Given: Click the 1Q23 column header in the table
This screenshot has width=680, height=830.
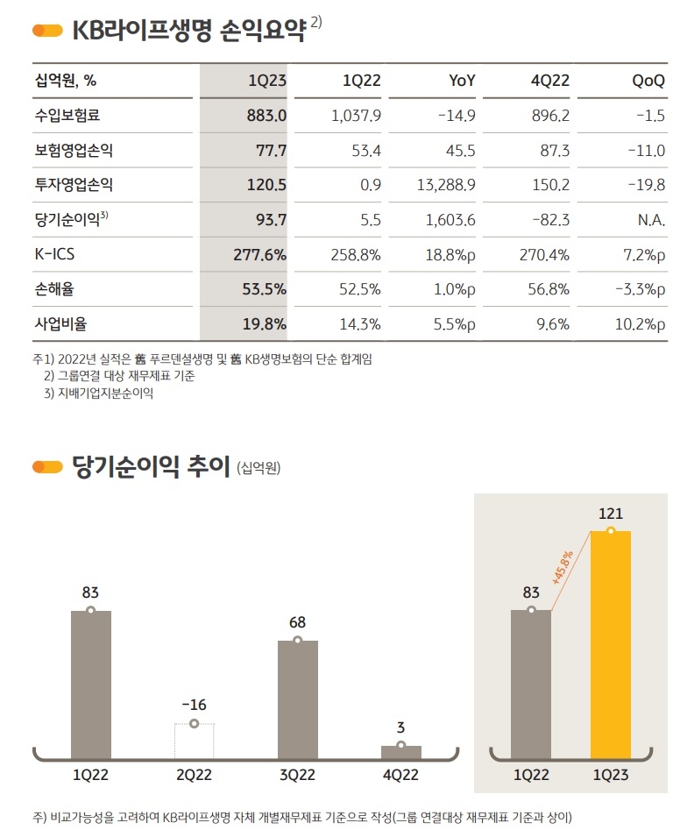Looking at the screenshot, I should click(x=267, y=82).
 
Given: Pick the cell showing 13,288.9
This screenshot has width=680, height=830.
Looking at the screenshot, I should click(x=443, y=185).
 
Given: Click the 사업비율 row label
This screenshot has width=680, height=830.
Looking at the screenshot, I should click(x=60, y=324).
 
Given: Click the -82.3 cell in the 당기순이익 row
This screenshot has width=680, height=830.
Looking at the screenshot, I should click(x=549, y=220).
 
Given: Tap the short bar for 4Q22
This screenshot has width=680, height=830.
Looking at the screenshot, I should click(x=400, y=752).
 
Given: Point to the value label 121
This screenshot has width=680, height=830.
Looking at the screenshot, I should click(x=611, y=514).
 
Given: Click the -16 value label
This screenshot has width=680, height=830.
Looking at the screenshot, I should click(x=194, y=705).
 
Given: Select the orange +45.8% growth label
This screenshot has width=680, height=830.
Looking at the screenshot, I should click(x=563, y=567).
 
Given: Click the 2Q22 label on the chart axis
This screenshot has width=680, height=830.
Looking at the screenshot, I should click(x=194, y=776).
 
